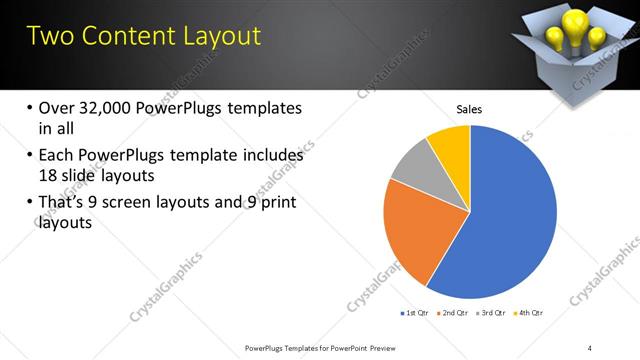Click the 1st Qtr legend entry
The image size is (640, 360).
pos(415,313)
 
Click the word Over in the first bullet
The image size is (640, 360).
pos(59,107)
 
